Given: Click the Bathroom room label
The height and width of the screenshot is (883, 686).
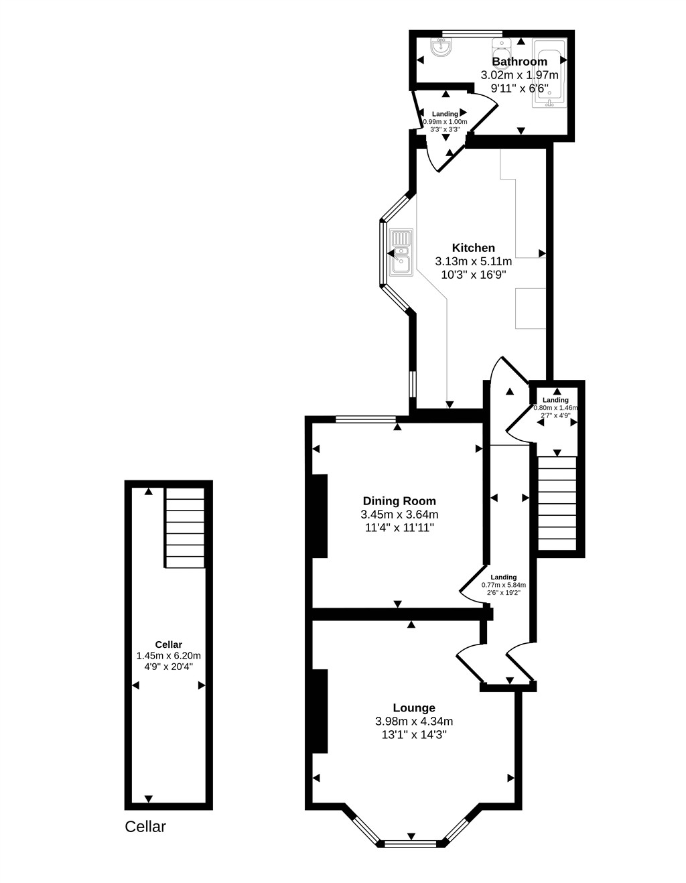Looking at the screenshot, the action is click(519, 62).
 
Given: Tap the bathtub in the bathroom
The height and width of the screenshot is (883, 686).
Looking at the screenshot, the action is click(549, 73).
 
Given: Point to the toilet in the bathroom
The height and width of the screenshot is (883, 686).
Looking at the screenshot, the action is click(501, 50).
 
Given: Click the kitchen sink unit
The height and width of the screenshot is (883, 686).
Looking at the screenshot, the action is click(401, 253).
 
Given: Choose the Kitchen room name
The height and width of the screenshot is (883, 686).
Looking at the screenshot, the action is click(473, 247).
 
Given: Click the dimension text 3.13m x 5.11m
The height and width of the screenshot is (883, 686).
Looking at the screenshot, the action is click(473, 261).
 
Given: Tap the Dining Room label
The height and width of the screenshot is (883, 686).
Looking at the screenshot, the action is click(399, 500).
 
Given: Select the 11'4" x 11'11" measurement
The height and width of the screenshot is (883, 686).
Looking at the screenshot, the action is click(399, 527).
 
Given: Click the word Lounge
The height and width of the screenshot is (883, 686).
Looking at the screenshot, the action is click(414, 708).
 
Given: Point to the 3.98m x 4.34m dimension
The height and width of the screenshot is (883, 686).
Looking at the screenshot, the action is click(414, 722).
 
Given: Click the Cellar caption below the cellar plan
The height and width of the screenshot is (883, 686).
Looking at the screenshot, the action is click(145, 827).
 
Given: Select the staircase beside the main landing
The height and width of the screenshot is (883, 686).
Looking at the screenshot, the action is click(557, 503).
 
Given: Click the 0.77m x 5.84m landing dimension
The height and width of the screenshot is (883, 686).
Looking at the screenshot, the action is click(504, 585).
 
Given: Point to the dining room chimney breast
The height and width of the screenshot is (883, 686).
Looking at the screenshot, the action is click(320, 516).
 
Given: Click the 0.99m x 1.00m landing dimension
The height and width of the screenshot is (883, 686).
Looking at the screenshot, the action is click(445, 122).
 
